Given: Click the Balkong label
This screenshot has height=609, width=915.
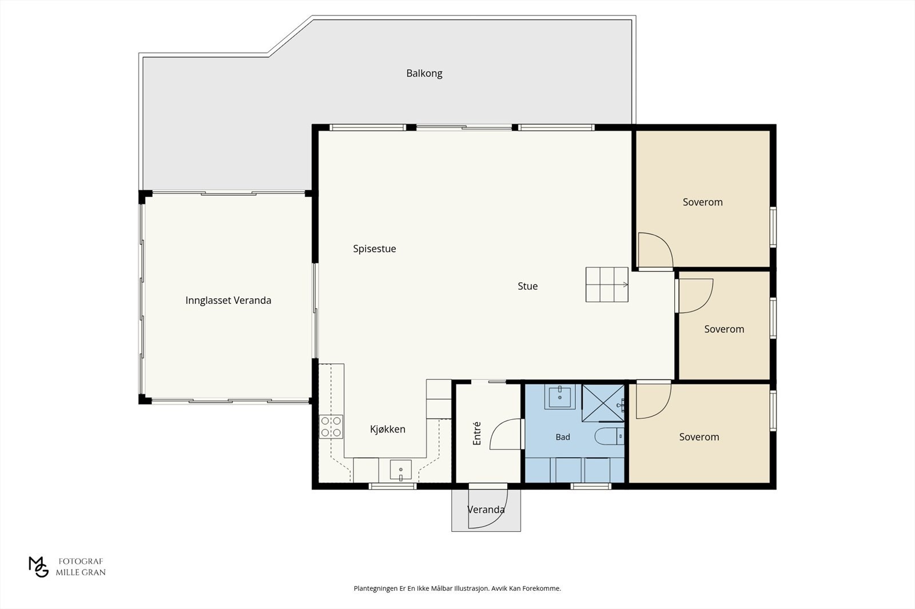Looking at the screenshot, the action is [x=424, y=74].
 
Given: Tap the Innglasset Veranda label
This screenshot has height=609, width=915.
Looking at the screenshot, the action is [x=228, y=301].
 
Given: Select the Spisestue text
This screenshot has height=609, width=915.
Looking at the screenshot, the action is [x=375, y=249].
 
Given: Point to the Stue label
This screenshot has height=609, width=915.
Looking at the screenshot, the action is [x=528, y=286].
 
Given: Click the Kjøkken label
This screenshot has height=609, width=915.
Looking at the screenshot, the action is [x=388, y=430].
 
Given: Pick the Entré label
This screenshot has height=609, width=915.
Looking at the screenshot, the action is [x=477, y=433].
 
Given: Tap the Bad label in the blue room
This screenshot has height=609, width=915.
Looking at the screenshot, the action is [x=563, y=437].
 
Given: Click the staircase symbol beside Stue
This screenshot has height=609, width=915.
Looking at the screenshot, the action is [x=607, y=285].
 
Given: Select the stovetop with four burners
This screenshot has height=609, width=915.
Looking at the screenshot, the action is [x=331, y=427].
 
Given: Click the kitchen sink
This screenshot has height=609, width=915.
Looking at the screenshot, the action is [x=401, y=470].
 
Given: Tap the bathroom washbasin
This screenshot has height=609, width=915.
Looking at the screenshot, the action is [x=560, y=396].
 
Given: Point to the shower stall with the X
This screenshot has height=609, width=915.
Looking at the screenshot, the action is [x=603, y=403].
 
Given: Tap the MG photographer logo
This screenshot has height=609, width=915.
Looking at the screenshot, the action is [x=38, y=567].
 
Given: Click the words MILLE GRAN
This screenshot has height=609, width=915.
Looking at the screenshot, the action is [x=81, y=572].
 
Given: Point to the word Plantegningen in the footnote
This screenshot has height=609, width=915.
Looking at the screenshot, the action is [x=376, y=588].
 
